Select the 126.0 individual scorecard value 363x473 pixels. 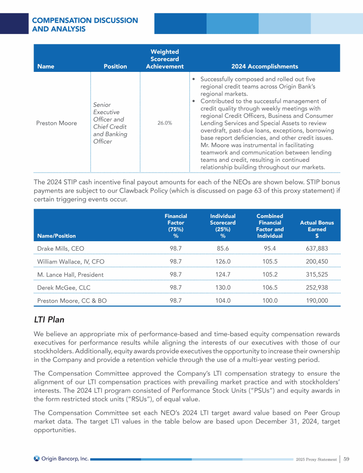coord(223,261)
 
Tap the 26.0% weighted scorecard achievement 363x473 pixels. coord(165,123)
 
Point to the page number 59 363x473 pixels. coord(346,459)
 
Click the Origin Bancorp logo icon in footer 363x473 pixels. coord(37,458)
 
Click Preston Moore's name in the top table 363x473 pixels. coord(57,123)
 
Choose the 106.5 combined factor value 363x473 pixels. coord(269,287)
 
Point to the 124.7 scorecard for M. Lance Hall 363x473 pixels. coord(223,274)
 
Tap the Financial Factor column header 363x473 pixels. coord(176,226)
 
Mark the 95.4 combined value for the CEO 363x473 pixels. coord(269,248)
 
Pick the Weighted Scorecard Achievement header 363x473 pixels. coord(164,59)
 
